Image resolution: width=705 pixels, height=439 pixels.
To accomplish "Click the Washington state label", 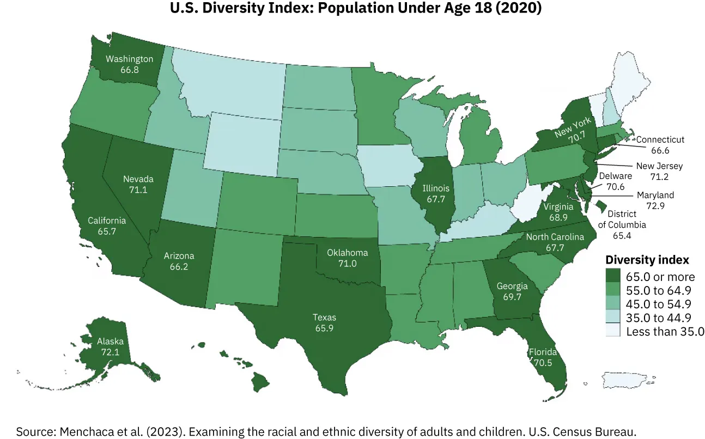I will (x=129, y=59).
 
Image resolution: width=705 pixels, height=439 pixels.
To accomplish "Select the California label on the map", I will (x=107, y=221).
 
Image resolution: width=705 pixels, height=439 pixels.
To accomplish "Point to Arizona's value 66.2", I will (x=179, y=267).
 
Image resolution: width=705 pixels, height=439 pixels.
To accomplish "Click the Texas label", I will (x=324, y=317).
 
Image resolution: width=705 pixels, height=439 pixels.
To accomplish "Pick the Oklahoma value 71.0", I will (x=347, y=264).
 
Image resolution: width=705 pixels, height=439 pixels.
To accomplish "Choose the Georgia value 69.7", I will (x=512, y=297).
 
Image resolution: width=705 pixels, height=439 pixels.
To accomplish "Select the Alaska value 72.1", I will (x=110, y=352).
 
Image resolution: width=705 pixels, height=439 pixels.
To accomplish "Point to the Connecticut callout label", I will (x=660, y=139).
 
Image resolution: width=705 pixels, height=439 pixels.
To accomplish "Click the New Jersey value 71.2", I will (x=659, y=176).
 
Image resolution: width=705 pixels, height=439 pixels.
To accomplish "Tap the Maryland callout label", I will (x=655, y=195).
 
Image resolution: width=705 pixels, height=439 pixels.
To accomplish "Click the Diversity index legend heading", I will (x=647, y=260).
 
